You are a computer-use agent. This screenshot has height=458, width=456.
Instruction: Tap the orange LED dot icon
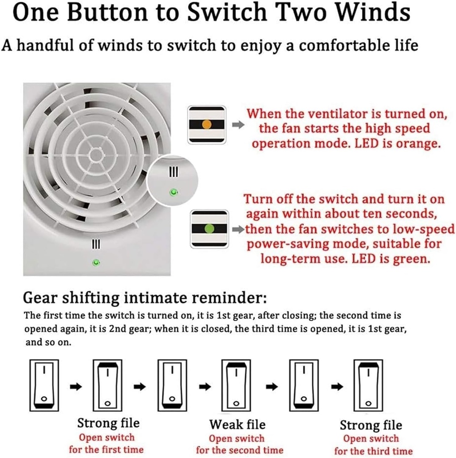tap(207, 124)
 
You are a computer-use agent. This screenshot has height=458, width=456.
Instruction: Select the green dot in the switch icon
tap(209, 229)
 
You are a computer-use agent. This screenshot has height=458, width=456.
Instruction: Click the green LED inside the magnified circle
tap(174, 192)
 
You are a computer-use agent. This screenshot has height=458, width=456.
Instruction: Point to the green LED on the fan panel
tap(96, 262)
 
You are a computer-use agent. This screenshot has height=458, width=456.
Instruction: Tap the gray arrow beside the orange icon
tap(238, 125)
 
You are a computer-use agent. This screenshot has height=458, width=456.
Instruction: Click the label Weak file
tap(237, 424)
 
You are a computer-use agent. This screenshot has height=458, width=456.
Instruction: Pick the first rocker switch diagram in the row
tap(44, 385)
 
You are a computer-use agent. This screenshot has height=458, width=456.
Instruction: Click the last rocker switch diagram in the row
tap(368, 385)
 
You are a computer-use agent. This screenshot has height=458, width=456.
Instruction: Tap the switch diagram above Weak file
tap(236, 385)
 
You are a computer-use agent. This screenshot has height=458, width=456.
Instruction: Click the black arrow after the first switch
tap(76, 386)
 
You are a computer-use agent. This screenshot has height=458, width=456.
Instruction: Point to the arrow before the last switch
tap(337, 386)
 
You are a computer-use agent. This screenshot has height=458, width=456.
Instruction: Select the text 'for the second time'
tap(240, 450)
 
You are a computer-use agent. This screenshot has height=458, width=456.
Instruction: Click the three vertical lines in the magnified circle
tap(173, 171)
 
